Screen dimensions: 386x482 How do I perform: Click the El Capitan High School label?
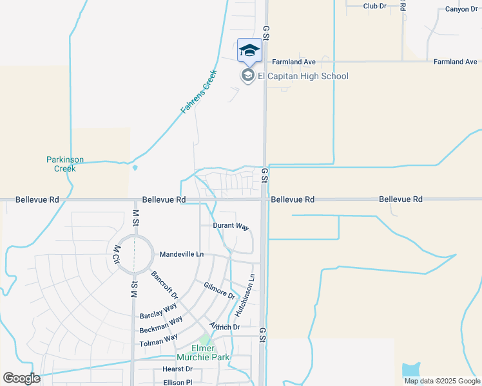pyautogui.click(x=303, y=77)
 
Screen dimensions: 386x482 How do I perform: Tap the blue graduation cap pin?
pyautogui.click(x=249, y=51)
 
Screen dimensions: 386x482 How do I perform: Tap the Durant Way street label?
pyautogui.click(x=231, y=226)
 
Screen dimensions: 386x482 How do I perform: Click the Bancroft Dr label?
pyautogui.click(x=164, y=284)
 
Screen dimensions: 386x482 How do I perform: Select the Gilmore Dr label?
pyautogui.click(x=219, y=289)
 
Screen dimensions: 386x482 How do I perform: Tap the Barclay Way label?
pyautogui.click(x=158, y=311)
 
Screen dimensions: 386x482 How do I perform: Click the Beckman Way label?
pyautogui.click(x=160, y=324)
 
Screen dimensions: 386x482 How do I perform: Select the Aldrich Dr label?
pyautogui.click(x=224, y=327)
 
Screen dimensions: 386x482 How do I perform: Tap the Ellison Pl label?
pyautogui.click(x=177, y=382)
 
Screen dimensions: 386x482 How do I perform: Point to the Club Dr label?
pyautogui.click(x=374, y=6)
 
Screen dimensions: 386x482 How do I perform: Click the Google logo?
pyautogui.click(x=21, y=378)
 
